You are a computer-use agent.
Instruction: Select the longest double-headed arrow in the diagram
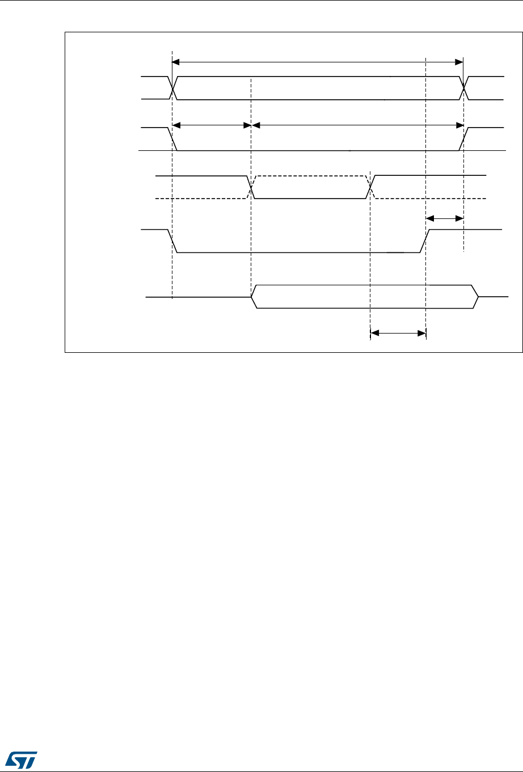[317, 61]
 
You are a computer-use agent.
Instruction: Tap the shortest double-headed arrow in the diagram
[445, 218]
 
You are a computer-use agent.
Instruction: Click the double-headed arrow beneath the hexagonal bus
[398, 334]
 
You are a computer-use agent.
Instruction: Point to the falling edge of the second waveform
[174, 140]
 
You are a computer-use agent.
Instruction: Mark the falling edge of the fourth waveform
[174, 241]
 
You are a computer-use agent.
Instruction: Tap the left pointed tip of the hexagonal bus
[252, 297]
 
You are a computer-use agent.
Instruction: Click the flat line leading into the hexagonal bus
[199, 297]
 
